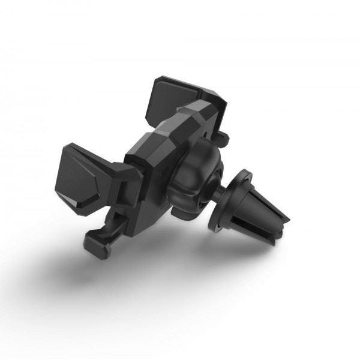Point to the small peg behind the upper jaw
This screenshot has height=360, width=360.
(x=223, y=139)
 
